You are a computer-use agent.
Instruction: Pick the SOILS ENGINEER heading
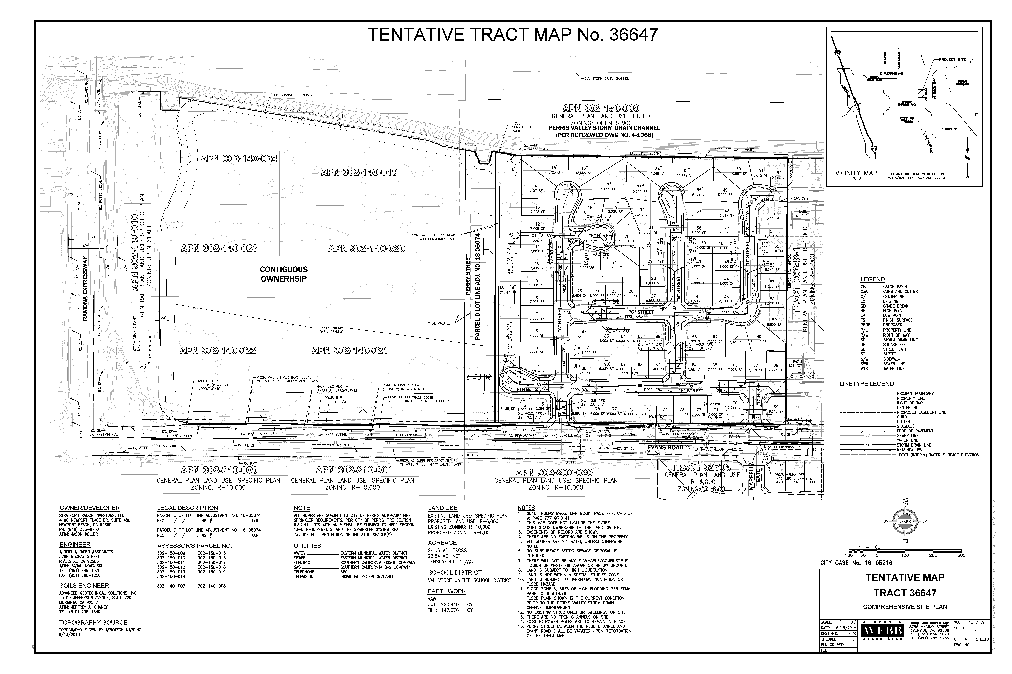point(84,585)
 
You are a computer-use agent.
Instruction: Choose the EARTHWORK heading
point(447,591)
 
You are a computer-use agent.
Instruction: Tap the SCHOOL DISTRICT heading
point(454,573)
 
